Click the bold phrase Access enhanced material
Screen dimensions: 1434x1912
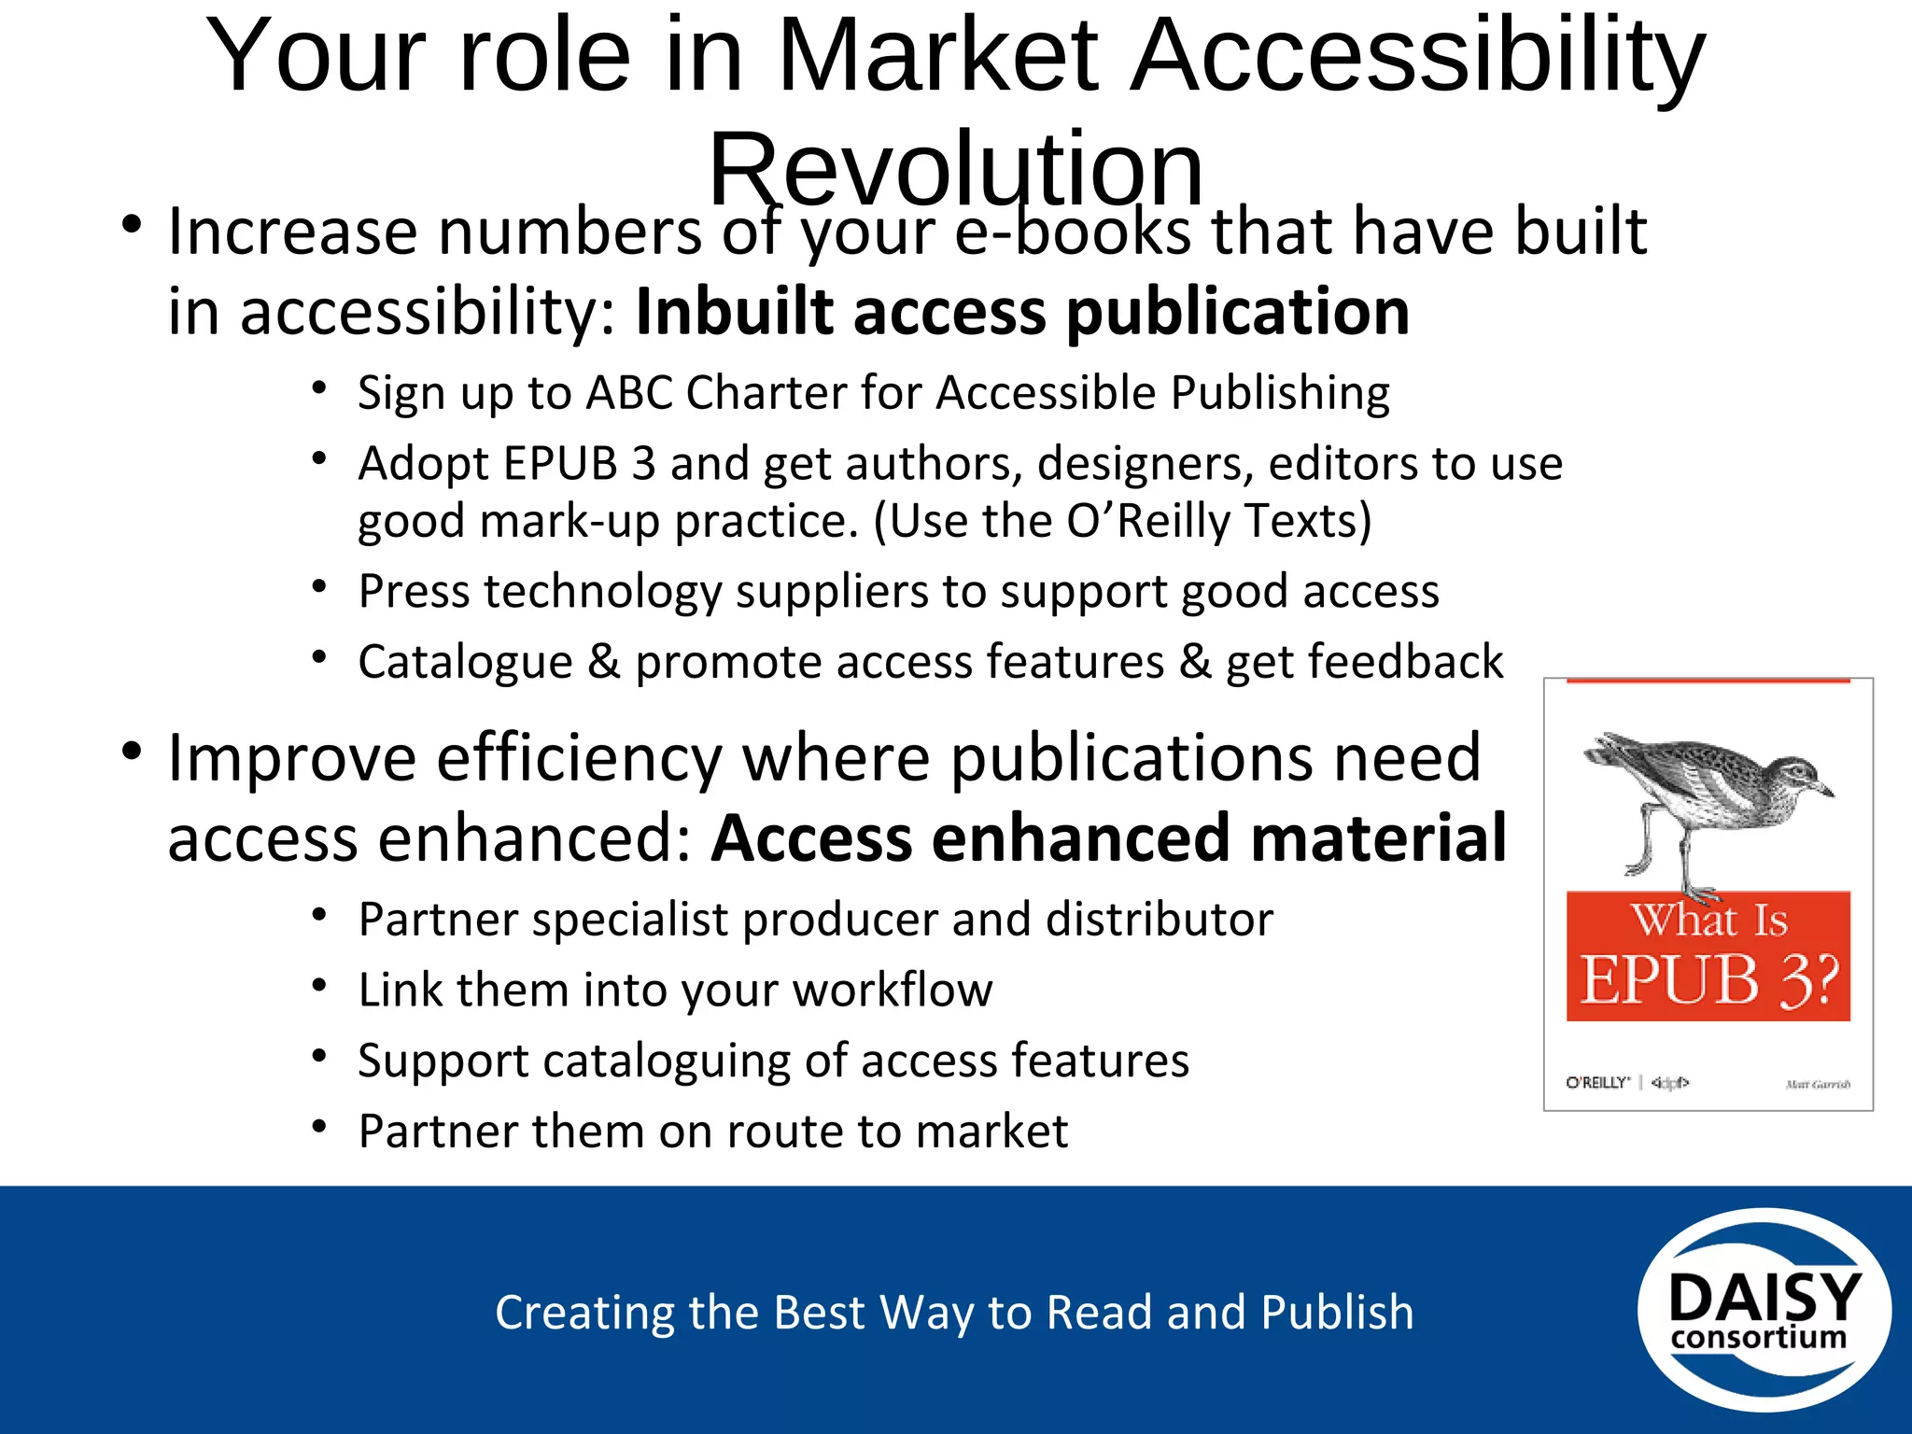1109,837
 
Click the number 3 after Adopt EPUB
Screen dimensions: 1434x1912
643,463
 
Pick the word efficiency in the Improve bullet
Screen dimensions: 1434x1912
580,757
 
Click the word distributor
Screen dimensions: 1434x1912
1160,920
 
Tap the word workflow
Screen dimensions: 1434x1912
893,990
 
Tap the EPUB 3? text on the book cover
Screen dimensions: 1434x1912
1708,979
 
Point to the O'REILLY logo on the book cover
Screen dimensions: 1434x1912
1597,1083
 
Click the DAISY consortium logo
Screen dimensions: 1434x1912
1764,1310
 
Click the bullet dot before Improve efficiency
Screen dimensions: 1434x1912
132,751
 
